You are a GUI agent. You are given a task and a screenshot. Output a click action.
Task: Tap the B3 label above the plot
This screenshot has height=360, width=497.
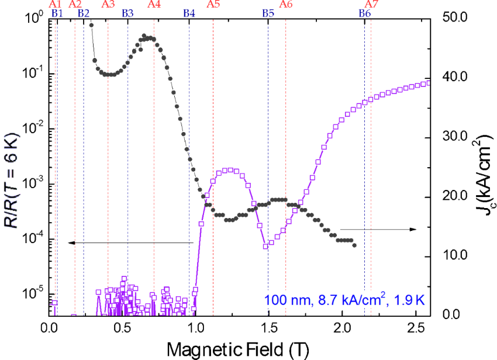pos(127,13)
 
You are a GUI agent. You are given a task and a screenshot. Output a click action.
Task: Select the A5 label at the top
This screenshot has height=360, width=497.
pos(213,4)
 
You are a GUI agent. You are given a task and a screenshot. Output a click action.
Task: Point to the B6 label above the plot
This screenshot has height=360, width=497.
pos(364,13)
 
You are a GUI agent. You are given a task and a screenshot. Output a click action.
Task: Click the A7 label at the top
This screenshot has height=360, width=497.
pos(371,4)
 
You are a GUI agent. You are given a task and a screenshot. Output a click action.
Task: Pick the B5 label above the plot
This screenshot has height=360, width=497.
pos(268,13)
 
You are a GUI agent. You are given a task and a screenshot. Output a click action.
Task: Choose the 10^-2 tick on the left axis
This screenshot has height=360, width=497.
pos(33,129)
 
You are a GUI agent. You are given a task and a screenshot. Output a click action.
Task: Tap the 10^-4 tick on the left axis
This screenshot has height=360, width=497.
pos(33,240)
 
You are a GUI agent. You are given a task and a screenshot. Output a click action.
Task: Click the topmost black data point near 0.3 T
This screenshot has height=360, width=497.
pos(91,25)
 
